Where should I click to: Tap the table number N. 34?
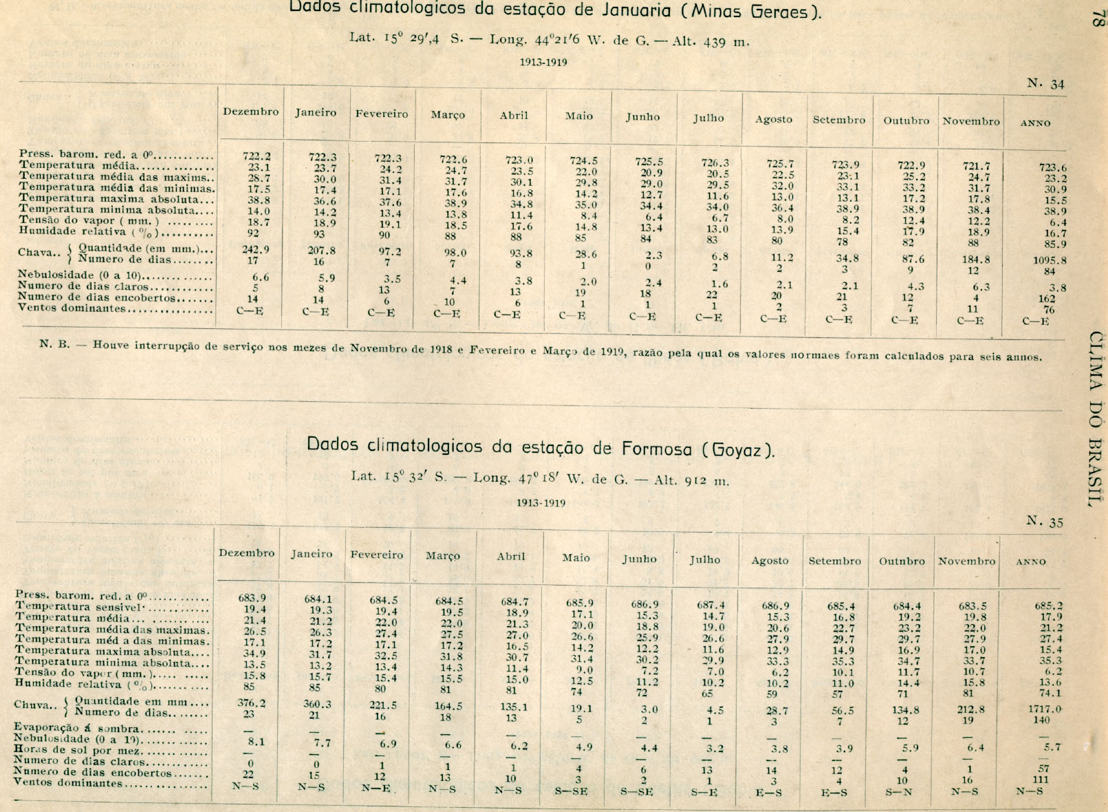tap(1045, 83)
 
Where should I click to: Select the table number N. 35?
tap(1045, 521)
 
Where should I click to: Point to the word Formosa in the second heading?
tap(657, 449)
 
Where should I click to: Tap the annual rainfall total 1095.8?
tap(1049, 261)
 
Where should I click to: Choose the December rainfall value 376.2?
tap(251, 703)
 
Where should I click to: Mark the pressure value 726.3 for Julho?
tap(715, 163)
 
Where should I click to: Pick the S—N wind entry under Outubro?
tap(900, 791)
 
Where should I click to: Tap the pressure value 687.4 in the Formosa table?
tap(710, 606)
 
